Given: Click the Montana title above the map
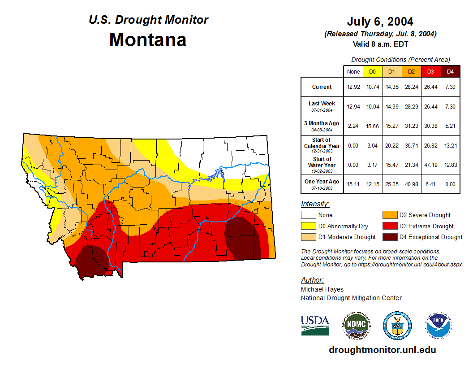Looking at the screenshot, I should pyautogui.click(x=148, y=40).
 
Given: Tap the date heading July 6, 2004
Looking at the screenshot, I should pyautogui.click(x=380, y=22).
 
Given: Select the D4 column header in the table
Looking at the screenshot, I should pyautogui.click(x=450, y=71).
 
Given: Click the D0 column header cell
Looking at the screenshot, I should pyautogui.click(x=372, y=71).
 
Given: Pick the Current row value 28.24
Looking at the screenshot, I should pyautogui.click(x=411, y=87).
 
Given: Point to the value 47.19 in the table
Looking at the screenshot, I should pyautogui.click(x=430, y=165).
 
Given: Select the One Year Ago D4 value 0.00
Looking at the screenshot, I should pyautogui.click(x=450, y=184).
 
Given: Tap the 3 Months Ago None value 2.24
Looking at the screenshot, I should pyautogui.click(x=353, y=126).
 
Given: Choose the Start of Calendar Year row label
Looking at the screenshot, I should pyautogui.click(x=322, y=145).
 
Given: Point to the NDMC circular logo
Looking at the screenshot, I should pyautogui.click(x=357, y=325).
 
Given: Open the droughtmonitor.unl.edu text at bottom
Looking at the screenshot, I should pyautogui.click(x=382, y=350).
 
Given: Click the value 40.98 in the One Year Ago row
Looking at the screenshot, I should pyautogui.click(x=411, y=184).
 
